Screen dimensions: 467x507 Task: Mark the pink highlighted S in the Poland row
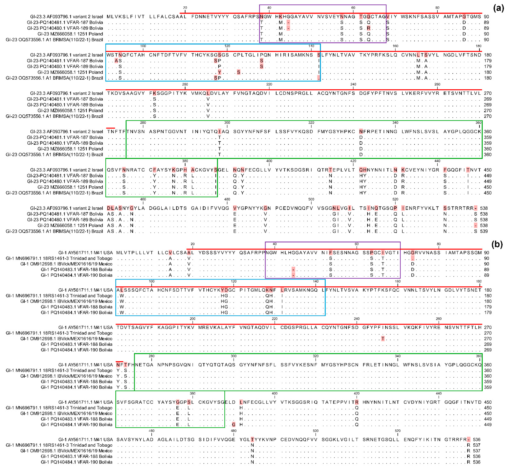pyautogui.click(x=238, y=72)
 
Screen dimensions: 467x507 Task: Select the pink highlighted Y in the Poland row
pyautogui.click(x=219, y=72)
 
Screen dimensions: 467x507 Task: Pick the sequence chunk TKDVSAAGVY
pyautogui.click(x=126, y=93)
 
